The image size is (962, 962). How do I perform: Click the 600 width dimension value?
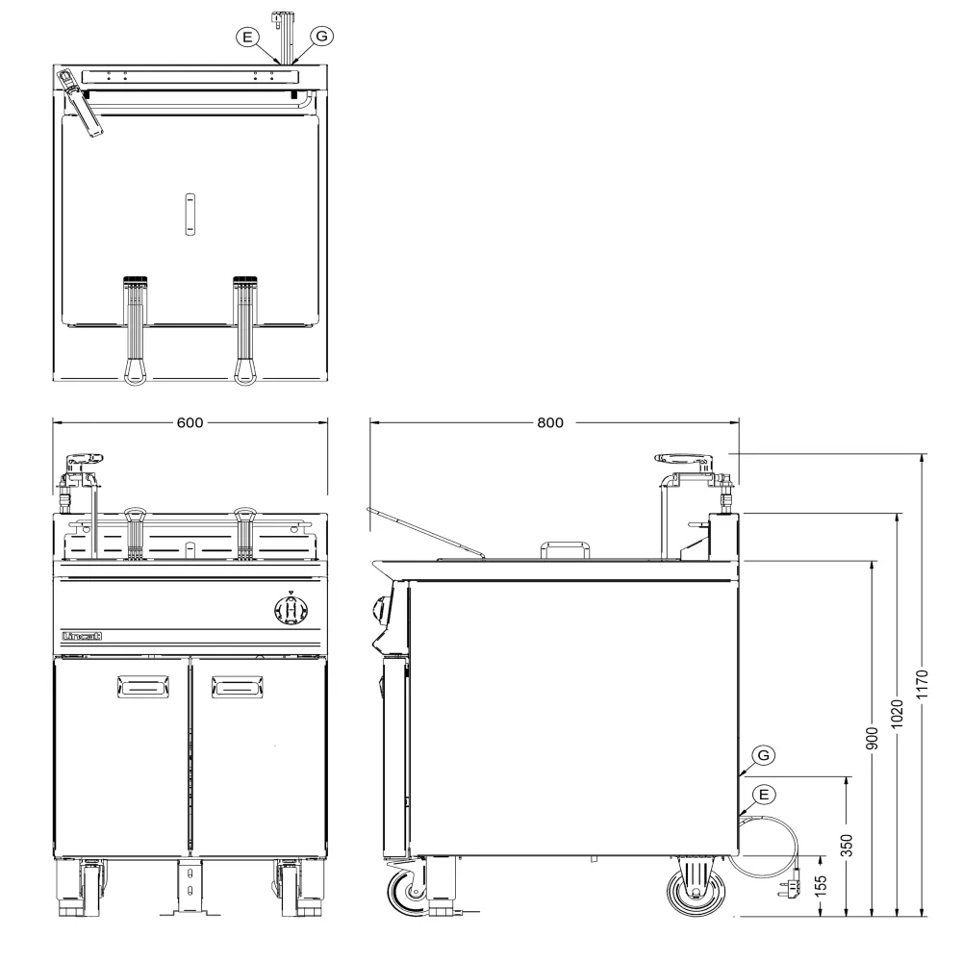[190, 422]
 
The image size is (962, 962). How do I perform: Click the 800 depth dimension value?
[549, 422]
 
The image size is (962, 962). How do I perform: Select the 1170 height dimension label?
[922, 684]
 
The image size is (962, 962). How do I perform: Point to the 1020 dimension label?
[897, 714]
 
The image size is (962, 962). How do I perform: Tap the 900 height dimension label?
[872, 738]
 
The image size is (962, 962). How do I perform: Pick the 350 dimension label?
[846, 846]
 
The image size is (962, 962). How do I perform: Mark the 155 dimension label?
[821, 886]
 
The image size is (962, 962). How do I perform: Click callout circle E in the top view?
[247, 37]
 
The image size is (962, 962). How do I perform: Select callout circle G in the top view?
[321, 37]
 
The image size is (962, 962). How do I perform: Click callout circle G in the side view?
[763, 754]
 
